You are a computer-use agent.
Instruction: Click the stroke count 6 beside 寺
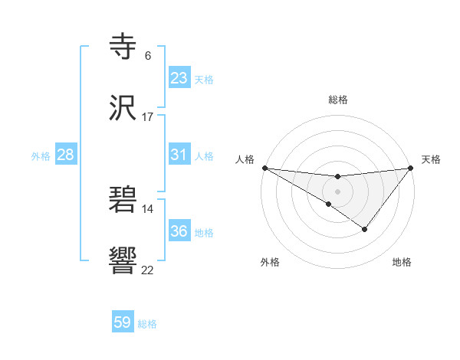(148, 55)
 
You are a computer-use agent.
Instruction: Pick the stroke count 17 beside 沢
(148, 117)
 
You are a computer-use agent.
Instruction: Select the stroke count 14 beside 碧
(148, 208)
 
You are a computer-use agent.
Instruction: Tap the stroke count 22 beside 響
(148, 270)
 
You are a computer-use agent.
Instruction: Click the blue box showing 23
(179, 78)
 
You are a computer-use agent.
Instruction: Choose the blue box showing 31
(179, 155)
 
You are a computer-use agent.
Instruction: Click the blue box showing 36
(179, 231)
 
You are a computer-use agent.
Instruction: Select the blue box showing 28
(65, 155)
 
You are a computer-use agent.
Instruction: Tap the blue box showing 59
(123, 322)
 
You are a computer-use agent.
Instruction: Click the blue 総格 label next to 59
(147, 324)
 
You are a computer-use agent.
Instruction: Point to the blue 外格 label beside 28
(41, 156)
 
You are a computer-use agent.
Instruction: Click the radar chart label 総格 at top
(337, 100)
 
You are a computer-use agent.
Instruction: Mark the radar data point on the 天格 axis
(411, 168)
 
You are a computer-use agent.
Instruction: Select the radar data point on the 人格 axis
(264, 168)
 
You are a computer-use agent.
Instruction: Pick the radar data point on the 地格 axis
(365, 229)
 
